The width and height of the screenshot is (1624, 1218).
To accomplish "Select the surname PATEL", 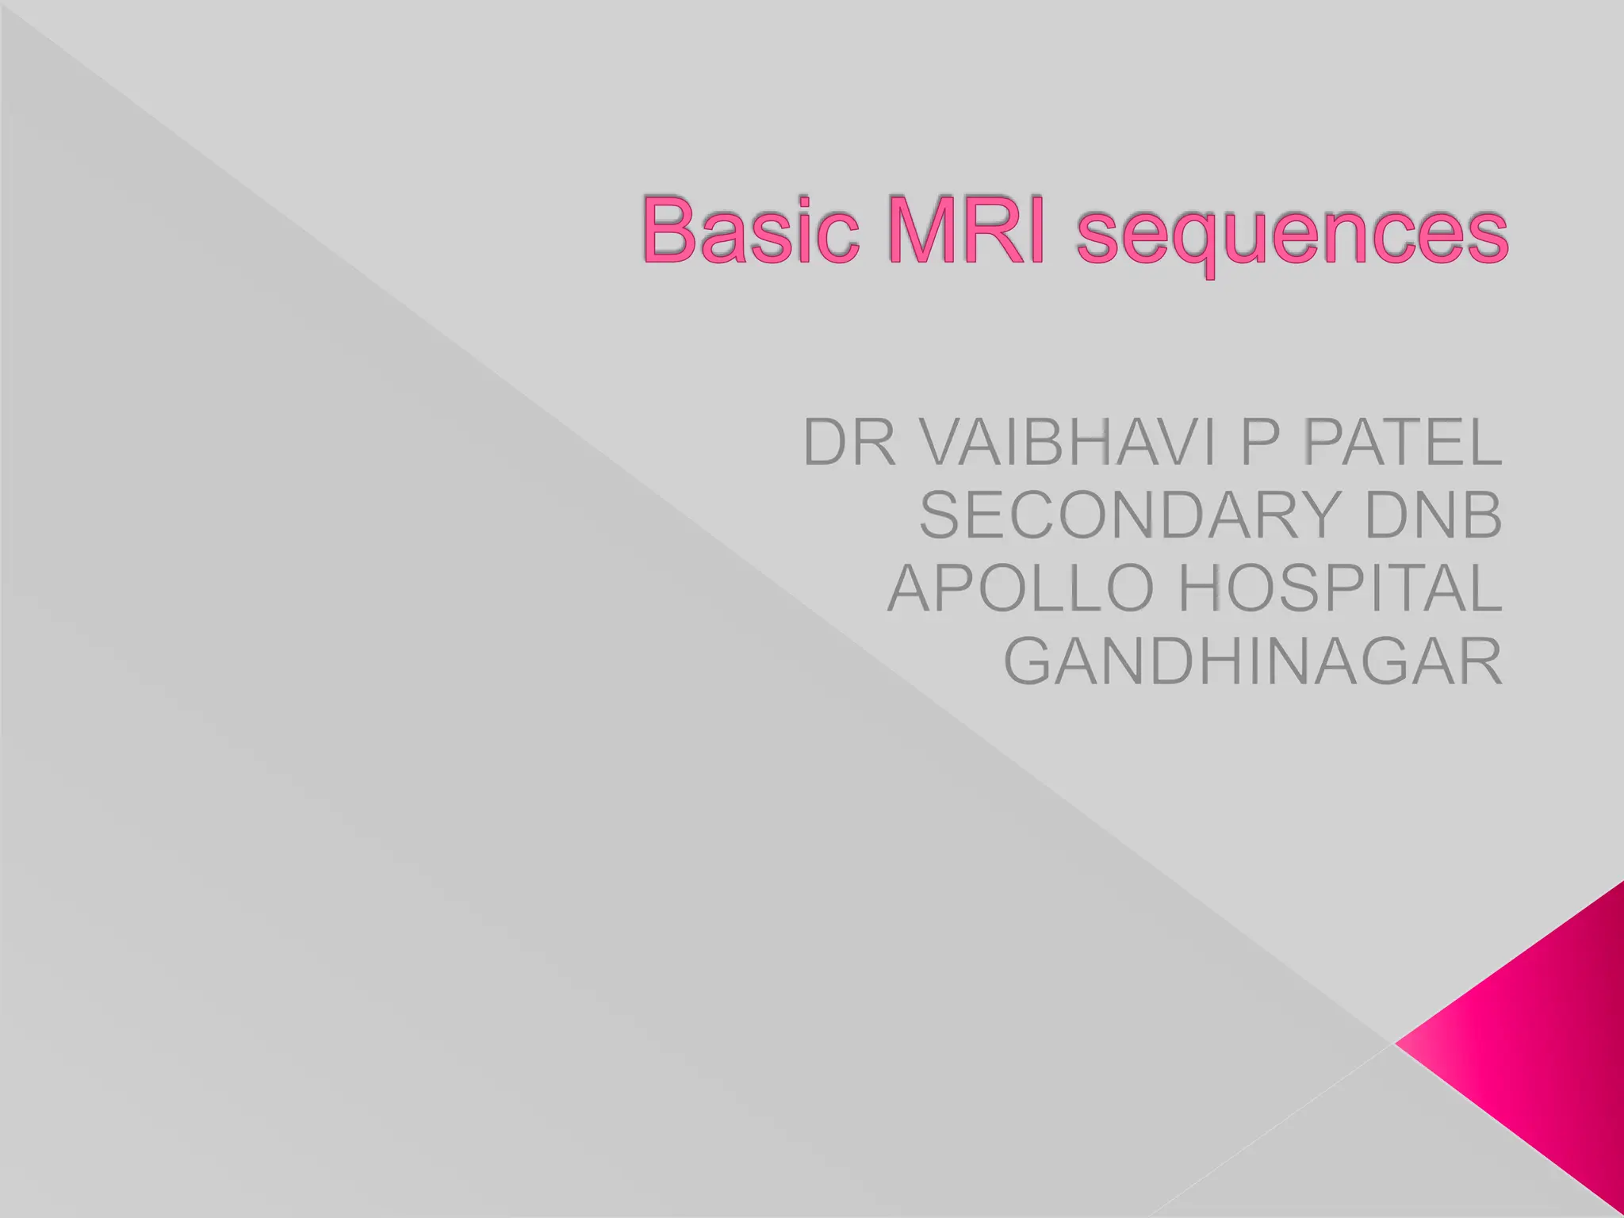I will (x=1402, y=442).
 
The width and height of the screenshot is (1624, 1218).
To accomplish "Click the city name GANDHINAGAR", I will (x=1253, y=661).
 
